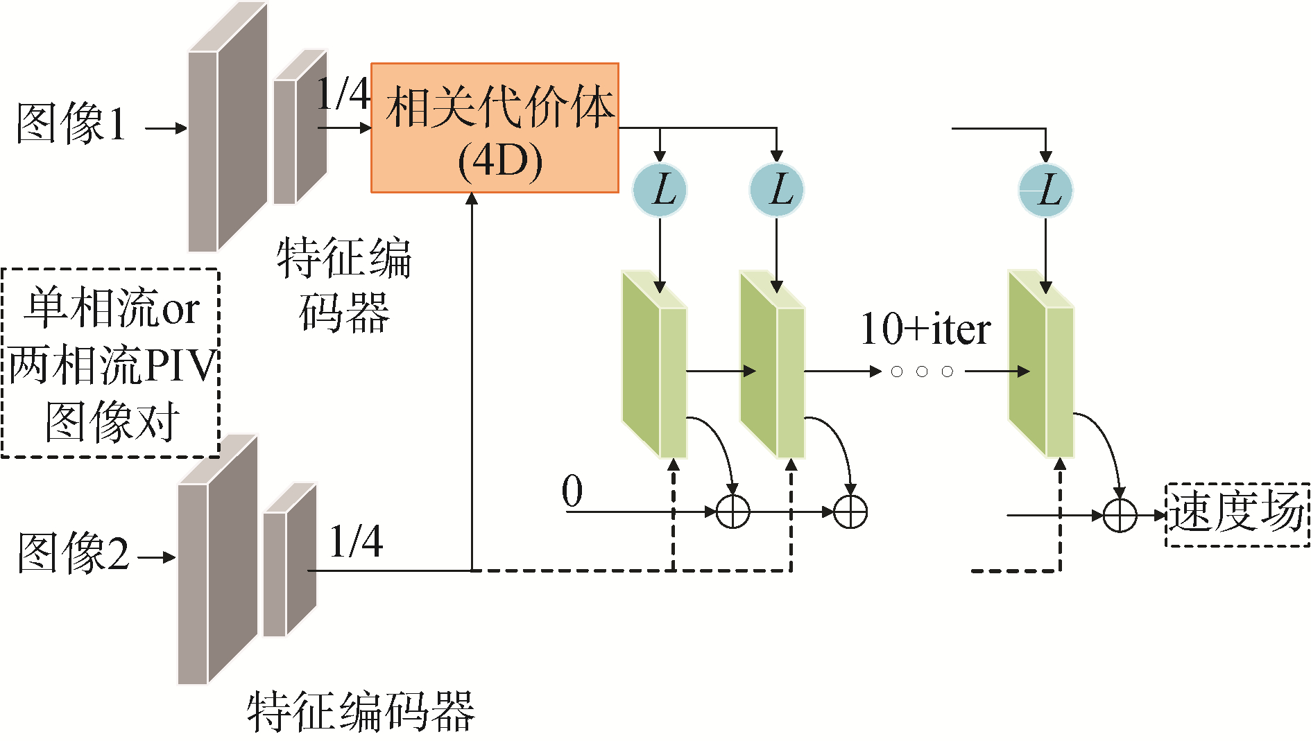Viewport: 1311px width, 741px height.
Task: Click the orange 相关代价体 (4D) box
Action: [x=495, y=128]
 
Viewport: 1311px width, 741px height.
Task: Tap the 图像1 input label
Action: [x=71, y=125]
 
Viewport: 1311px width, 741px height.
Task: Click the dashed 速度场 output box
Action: [x=1237, y=514]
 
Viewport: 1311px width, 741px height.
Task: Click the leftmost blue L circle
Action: [x=660, y=189]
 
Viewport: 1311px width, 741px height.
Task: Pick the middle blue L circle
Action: [x=777, y=189]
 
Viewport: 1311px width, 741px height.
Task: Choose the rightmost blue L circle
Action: [x=1045, y=189]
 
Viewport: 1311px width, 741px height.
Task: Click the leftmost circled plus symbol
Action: [x=732, y=512]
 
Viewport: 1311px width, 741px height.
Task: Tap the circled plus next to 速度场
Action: [x=1119, y=515]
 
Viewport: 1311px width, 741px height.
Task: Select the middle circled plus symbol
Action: [x=850, y=512]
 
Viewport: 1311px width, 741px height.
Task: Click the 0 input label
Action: [x=572, y=491]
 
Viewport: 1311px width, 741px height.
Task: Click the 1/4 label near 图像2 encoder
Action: [x=356, y=541]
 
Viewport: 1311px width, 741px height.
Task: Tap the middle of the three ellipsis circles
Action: [x=922, y=372]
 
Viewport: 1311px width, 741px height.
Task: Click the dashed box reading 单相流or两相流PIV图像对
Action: [x=110, y=363]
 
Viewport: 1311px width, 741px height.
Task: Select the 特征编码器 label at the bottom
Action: [x=361, y=711]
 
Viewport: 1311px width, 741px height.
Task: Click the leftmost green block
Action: [x=653, y=364]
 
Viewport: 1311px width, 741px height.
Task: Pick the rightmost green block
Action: [x=1040, y=364]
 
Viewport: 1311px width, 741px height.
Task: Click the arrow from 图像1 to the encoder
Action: [x=166, y=128]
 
